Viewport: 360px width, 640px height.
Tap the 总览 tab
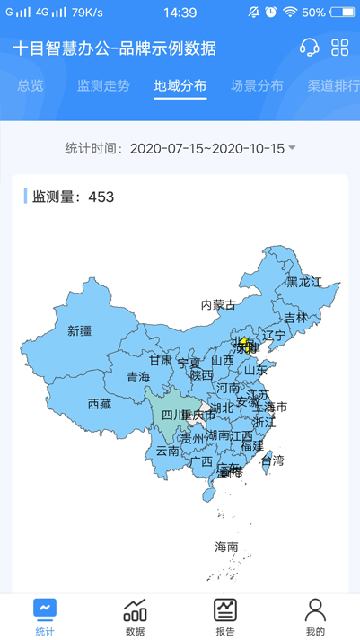point(31,86)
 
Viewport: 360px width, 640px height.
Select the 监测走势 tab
point(103,86)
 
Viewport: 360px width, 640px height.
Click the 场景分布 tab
point(257,86)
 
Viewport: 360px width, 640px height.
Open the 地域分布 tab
point(180,86)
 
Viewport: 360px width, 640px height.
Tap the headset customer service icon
point(310,48)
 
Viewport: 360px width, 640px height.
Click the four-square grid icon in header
point(340,48)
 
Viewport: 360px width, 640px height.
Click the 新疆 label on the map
point(80,330)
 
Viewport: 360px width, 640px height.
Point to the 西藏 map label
point(99,404)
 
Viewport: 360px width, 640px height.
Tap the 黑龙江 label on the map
point(303,282)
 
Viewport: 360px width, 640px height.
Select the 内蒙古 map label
point(218,305)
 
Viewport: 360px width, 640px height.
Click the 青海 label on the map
point(138,377)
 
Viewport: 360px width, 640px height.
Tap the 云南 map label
point(168,451)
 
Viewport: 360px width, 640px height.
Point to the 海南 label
point(226,546)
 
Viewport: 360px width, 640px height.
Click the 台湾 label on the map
point(272,460)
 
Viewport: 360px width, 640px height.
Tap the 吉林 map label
point(295,318)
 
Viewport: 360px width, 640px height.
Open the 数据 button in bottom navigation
point(136,616)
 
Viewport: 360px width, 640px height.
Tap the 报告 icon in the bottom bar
point(225,616)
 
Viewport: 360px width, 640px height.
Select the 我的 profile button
point(315,616)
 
